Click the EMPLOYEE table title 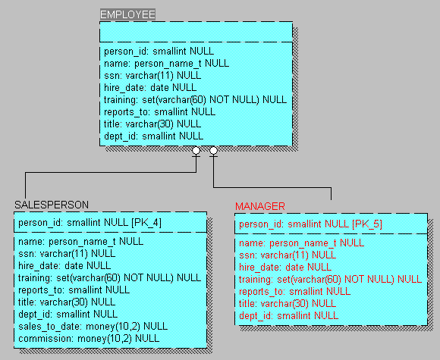127,14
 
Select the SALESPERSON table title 52,205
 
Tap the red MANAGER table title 260,206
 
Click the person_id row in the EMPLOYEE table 159,52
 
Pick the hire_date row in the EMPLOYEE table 150,87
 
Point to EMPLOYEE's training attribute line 195,99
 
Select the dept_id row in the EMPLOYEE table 153,136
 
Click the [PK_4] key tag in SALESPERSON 146,223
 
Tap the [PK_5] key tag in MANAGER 367,224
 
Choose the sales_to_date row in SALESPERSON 93,327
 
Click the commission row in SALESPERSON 89,339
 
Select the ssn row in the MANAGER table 288,255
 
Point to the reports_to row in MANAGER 294,292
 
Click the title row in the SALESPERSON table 67,302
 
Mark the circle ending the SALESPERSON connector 196,151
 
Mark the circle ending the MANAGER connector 213,151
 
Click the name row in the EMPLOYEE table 166,64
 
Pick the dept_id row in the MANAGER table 288,316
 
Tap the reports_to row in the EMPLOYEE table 159,112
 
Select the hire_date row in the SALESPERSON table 64,265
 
